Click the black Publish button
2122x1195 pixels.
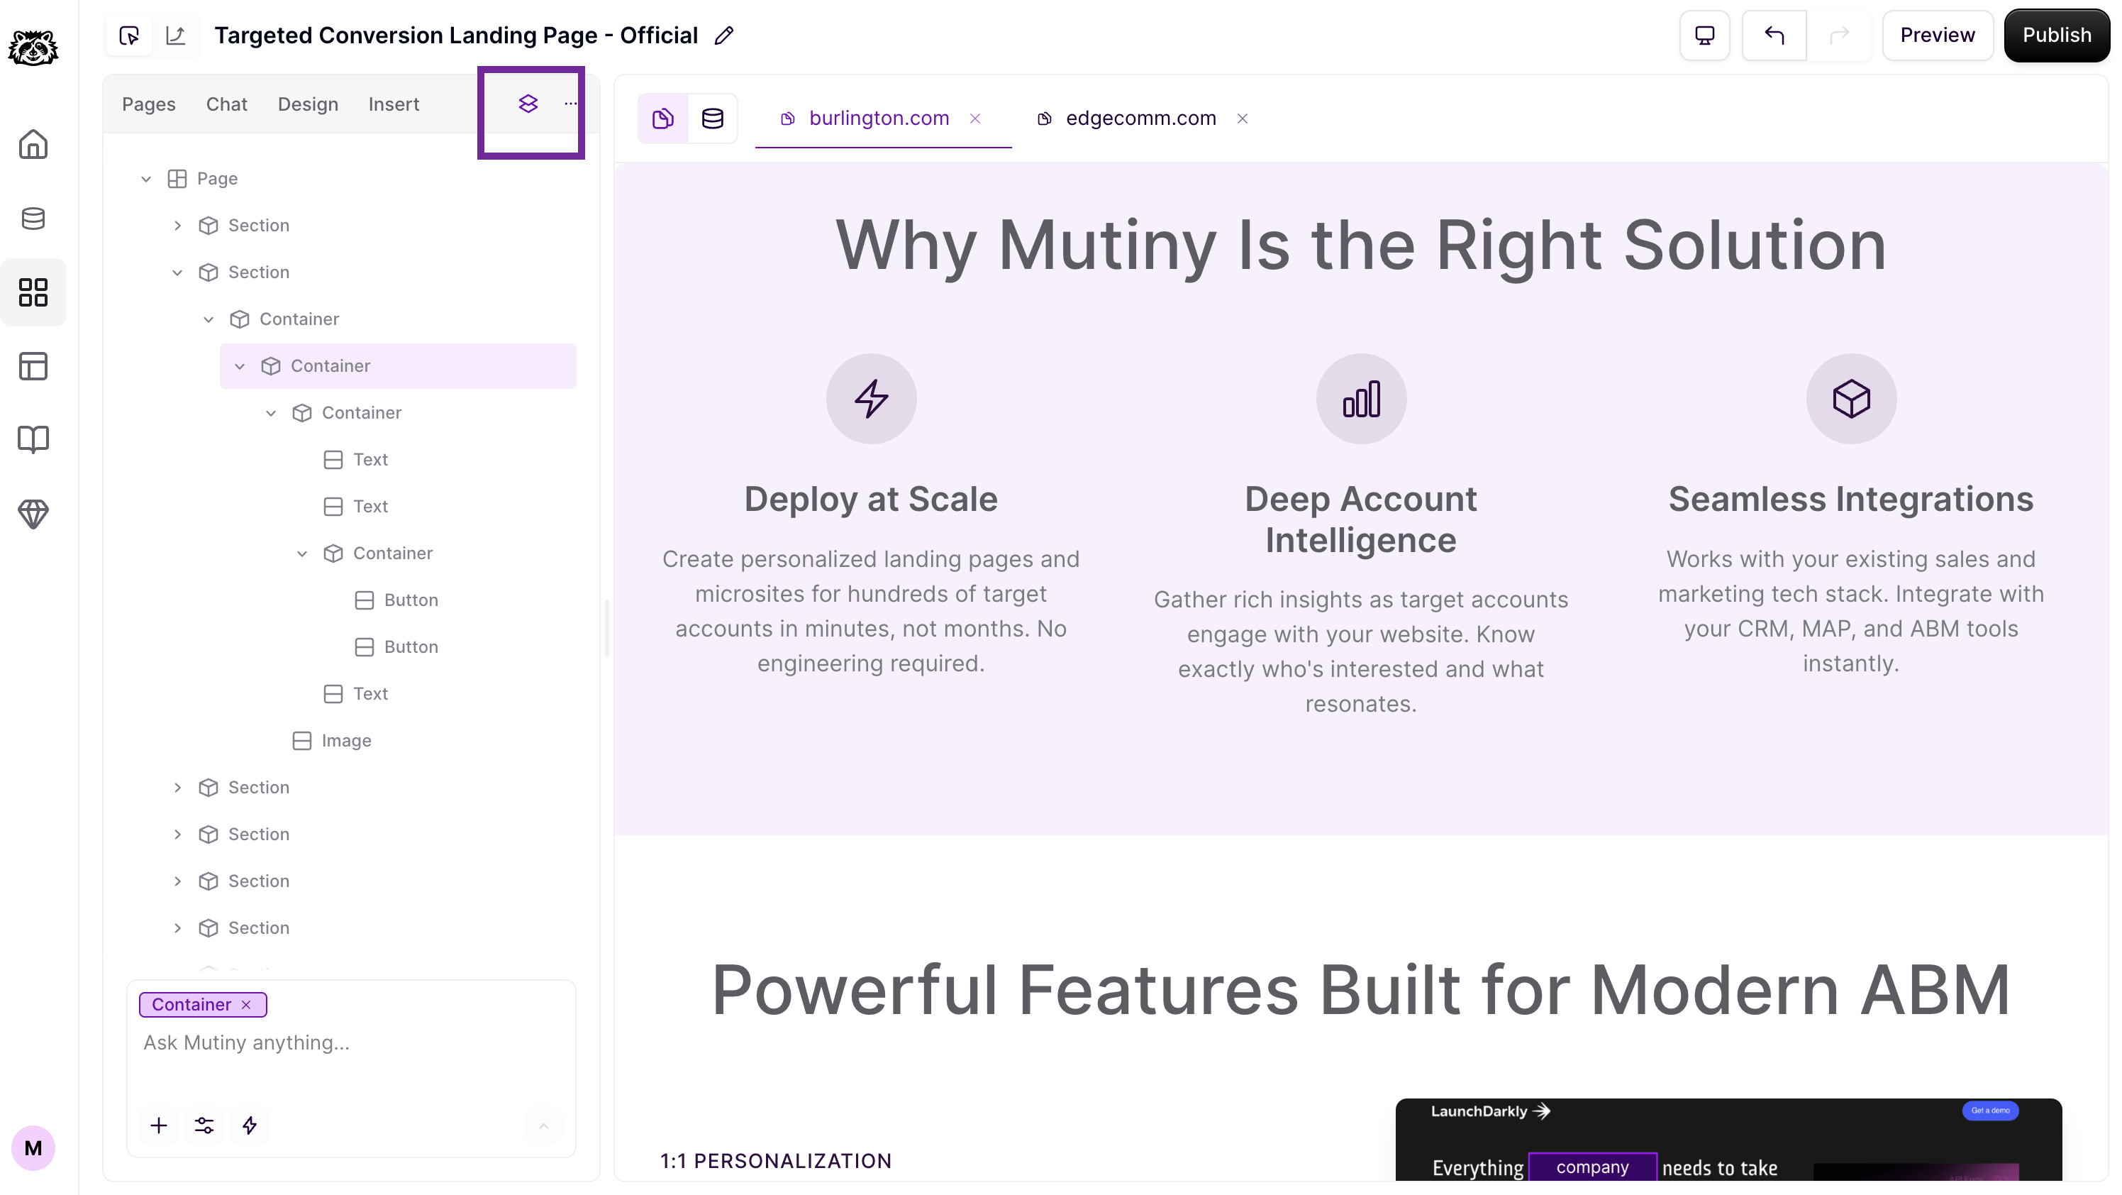2056,35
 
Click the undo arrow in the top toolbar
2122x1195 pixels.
1774,35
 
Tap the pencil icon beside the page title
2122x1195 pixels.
723,35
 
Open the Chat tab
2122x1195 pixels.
226,104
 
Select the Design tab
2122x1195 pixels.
308,104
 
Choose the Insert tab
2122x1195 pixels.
394,104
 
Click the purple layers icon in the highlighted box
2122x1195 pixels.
528,103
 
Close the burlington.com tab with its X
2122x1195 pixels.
975,119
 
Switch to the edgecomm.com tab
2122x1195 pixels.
1140,119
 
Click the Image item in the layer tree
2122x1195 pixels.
346,741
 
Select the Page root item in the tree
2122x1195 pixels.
216,179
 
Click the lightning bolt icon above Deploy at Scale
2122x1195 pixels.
872,399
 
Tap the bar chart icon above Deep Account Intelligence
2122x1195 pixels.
1361,399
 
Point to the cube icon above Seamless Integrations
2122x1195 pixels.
1851,399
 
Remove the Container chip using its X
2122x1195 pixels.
245,1005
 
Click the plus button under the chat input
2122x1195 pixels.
159,1125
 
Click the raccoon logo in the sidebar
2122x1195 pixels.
33,47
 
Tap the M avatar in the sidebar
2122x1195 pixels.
33,1148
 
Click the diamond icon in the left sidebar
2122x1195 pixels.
33,514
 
